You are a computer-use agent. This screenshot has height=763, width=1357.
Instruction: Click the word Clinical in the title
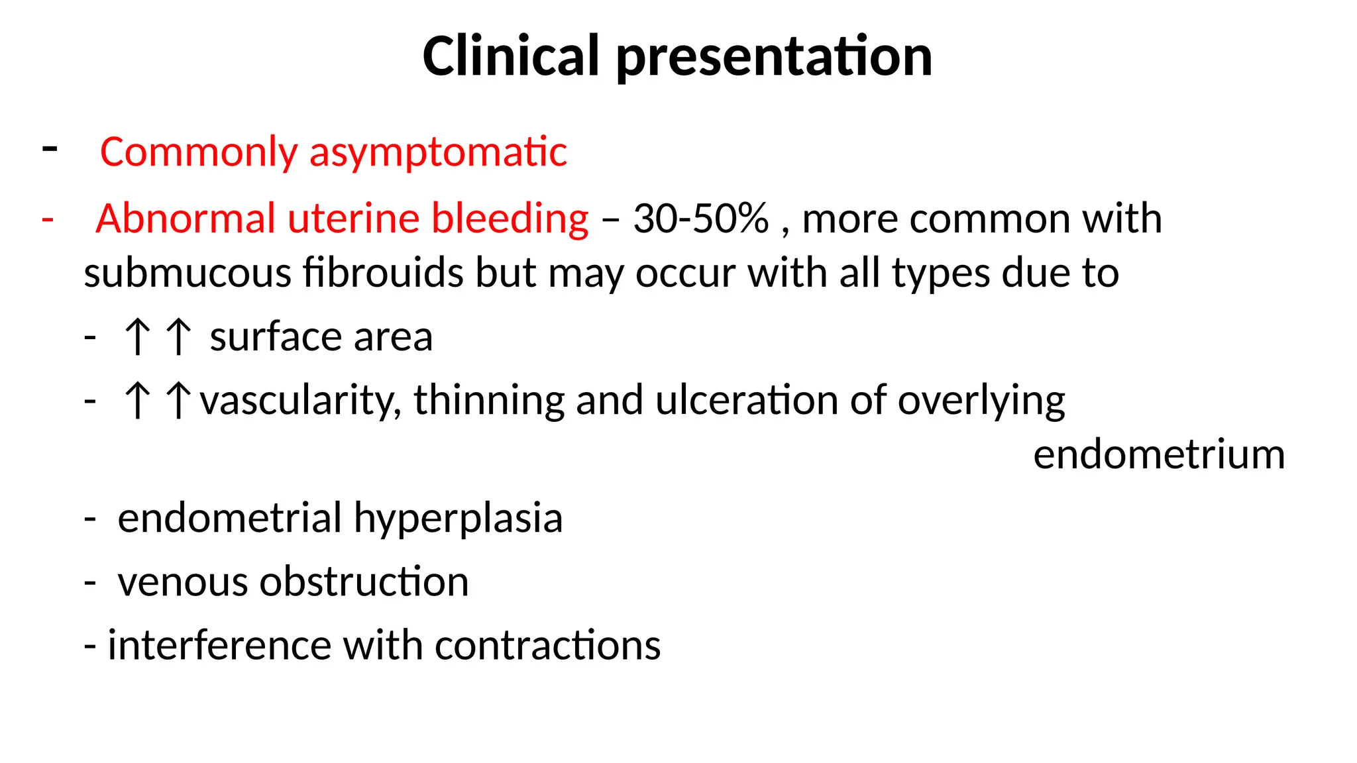[511, 56]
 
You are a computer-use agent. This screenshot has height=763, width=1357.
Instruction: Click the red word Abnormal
[186, 219]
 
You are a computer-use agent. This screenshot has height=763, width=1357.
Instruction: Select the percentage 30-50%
[700, 219]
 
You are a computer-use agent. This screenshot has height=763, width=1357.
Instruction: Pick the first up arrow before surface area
[138, 336]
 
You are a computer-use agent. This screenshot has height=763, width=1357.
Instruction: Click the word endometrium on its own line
[1159, 455]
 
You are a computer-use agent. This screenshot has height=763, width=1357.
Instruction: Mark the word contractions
[547, 645]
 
